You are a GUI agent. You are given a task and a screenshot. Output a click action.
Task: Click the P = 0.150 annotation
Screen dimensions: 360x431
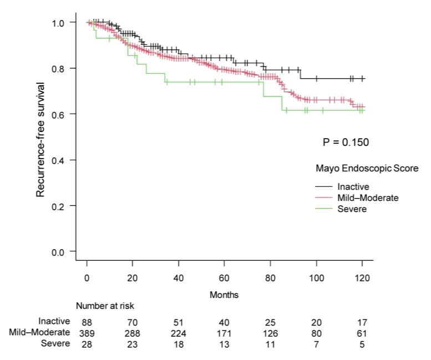tap(346, 142)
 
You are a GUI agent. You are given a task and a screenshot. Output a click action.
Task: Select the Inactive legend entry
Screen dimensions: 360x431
tap(353, 186)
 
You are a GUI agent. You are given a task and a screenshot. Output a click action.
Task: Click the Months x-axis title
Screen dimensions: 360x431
tap(224, 295)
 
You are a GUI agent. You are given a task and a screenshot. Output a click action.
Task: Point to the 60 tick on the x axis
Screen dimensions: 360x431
tap(224, 277)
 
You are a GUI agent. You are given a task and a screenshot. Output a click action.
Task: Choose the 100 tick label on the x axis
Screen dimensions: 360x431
tap(316, 277)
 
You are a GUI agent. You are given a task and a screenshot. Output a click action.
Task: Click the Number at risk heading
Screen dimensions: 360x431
tap(105, 305)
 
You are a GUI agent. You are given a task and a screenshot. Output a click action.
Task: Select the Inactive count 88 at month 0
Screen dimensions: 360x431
tap(87, 321)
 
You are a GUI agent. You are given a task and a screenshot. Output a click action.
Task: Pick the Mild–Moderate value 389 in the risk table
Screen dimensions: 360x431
tap(87, 332)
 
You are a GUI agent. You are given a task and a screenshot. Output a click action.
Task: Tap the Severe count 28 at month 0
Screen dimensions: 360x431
tap(87, 343)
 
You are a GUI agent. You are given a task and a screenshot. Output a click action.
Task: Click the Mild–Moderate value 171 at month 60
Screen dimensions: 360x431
tap(224, 332)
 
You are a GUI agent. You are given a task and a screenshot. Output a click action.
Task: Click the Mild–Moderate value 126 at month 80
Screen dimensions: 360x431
tap(270, 332)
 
